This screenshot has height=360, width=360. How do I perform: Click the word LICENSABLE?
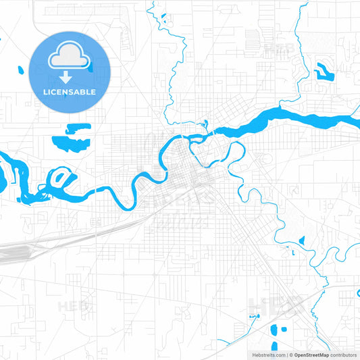70,92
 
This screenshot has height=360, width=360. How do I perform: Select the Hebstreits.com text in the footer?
267,354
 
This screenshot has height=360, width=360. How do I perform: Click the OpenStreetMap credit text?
310,354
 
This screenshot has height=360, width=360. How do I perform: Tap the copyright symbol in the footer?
291,354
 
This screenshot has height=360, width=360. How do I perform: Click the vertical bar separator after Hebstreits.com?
286,354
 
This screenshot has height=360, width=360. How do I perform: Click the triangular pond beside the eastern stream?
301,240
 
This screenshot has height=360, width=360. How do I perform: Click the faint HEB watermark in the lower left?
73,306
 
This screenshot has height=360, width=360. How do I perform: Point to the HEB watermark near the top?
278,49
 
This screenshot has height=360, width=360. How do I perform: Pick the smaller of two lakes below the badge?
78,127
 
